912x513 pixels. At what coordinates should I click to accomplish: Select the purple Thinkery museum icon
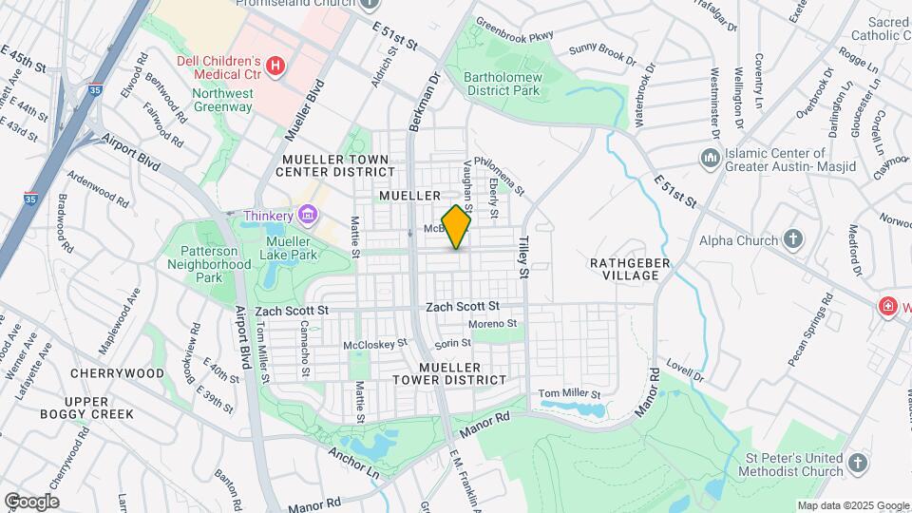click(x=307, y=216)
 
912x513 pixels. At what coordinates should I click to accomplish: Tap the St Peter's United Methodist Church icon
click(x=857, y=463)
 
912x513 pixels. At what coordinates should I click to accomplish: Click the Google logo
click(x=31, y=501)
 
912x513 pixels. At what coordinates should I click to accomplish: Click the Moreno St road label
click(x=492, y=324)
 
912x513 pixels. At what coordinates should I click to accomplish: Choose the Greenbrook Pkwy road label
click(x=514, y=35)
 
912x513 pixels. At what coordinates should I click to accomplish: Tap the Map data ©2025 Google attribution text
click(x=853, y=505)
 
